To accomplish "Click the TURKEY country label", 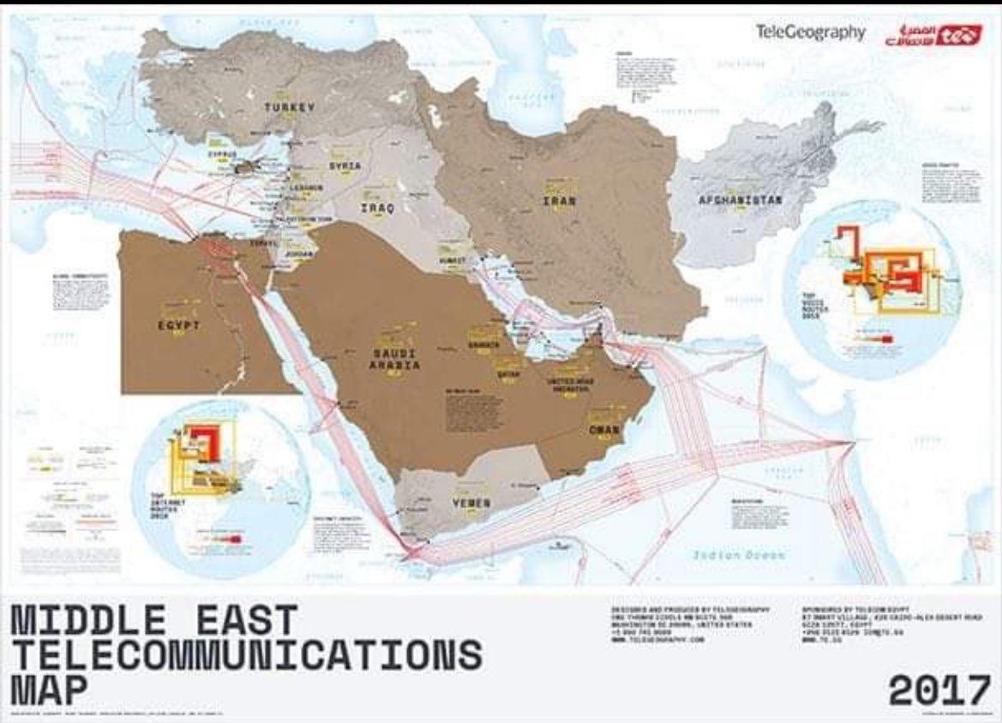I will coord(291,107).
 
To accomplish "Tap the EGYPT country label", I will coord(179,326).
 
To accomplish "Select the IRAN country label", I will coord(558,201).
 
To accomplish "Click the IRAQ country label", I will coord(377,208).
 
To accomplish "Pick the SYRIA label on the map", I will coord(345,165).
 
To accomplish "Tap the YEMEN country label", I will coord(471,504).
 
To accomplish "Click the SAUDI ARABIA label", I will coord(394,359).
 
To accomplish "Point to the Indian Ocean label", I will coord(739,555).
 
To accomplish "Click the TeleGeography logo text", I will coord(810,33).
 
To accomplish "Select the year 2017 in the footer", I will coord(939,690).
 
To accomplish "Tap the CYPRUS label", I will coord(221,155).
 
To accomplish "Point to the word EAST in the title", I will coord(247,619).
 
